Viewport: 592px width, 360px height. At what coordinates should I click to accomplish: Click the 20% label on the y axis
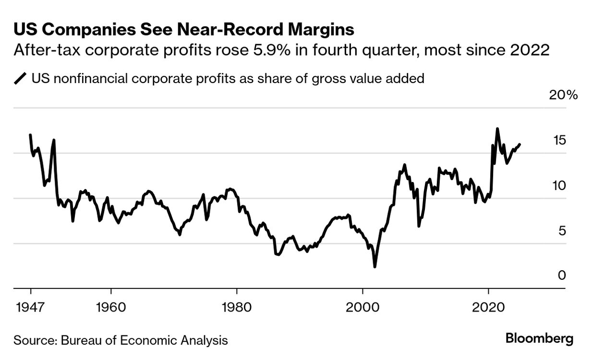[563, 95]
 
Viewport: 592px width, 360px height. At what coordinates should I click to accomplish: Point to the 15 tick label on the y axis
[560, 140]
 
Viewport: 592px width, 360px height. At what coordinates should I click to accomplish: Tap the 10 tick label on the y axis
[560, 185]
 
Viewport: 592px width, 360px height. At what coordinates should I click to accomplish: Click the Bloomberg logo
[539, 338]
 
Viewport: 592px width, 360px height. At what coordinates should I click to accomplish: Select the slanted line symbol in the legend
[21, 79]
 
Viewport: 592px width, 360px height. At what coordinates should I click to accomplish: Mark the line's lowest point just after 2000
[375, 266]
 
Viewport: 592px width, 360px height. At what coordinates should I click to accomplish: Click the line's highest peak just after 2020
[497, 129]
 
